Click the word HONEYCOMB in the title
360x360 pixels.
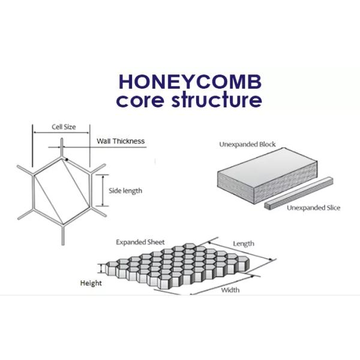tap(190, 82)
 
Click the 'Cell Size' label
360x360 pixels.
tap(62, 127)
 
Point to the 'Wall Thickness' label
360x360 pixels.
tap(121, 142)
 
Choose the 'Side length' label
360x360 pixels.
tap(125, 191)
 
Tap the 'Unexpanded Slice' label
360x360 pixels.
tap(313, 208)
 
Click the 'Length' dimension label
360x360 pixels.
tap(244, 244)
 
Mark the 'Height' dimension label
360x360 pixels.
tap(91, 283)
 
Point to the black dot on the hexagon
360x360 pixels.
tap(67, 159)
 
